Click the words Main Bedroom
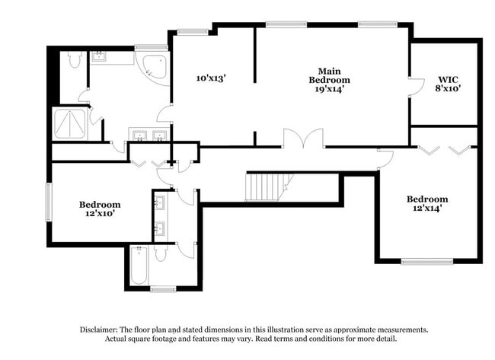click(x=329, y=75)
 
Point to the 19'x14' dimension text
click(x=329, y=88)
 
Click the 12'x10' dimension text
click(x=100, y=215)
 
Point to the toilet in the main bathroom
click(x=74, y=59)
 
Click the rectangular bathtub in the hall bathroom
click(x=139, y=266)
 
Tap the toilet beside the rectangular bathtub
click(x=161, y=253)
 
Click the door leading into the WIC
click(x=416, y=86)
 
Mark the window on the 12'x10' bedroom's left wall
click(x=49, y=203)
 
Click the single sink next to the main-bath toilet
click(x=100, y=56)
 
